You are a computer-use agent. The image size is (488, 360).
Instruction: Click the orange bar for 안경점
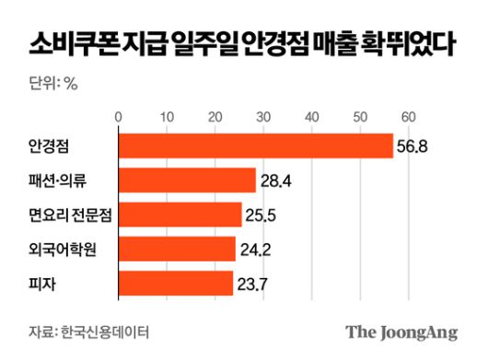[255, 146]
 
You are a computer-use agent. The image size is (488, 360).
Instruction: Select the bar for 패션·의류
[187, 180]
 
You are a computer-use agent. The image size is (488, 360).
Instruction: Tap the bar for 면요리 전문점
[180, 215]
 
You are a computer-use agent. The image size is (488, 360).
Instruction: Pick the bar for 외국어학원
[177, 249]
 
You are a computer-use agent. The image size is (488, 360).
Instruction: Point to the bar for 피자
[175, 283]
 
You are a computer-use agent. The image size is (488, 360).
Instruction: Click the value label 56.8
[414, 146]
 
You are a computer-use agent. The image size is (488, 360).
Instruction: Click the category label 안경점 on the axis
[52, 146]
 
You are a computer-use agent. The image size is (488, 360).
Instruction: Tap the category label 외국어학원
[62, 249]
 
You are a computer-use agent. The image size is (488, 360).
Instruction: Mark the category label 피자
[41, 283]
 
